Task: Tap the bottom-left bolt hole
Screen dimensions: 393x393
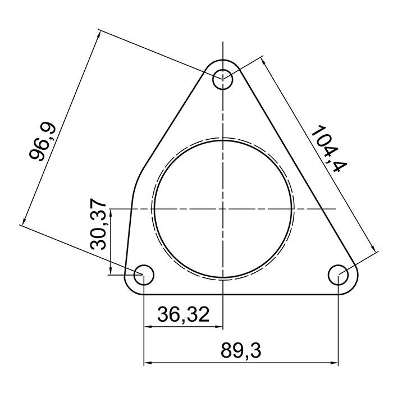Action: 144,275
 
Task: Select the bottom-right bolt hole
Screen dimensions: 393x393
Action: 339,275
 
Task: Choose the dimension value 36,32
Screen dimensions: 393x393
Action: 184,314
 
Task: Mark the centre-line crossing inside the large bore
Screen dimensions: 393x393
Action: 223,209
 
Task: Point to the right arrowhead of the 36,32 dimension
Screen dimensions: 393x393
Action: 220,326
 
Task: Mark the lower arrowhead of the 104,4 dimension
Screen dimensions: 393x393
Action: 371,249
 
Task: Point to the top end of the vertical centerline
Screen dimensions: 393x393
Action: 223,42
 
